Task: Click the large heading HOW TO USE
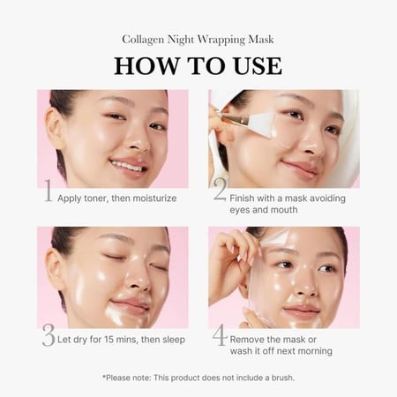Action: (x=198, y=66)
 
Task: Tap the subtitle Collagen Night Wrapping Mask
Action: (x=198, y=40)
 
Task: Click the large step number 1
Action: (x=48, y=191)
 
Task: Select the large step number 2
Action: (x=221, y=190)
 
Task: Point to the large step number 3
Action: (x=49, y=335)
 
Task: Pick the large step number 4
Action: (x=220, y=335)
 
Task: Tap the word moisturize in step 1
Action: (x=154, y=198)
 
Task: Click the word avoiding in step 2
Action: (x=328, y=198)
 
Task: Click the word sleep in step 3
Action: (x=174, y=340)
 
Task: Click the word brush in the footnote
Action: (x=282, y=378)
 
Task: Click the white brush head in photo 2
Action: (x=264, y=124)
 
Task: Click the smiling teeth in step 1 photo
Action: (x=127, y=167)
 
